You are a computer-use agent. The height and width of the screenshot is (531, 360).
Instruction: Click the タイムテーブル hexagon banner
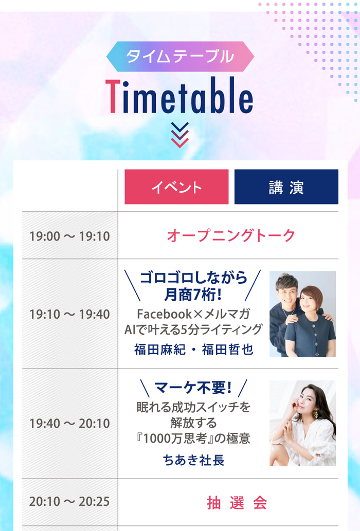180,57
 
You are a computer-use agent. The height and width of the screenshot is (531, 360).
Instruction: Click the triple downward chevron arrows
179,135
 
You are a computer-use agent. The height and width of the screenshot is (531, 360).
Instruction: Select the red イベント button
176,187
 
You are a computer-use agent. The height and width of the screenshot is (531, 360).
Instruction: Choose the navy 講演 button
286,187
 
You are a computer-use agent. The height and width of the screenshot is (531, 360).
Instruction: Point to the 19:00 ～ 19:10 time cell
70,236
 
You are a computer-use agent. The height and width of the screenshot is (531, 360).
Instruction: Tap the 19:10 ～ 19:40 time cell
70,314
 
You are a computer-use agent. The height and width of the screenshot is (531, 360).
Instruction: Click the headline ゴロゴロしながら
193,278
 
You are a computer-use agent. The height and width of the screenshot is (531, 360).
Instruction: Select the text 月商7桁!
193,294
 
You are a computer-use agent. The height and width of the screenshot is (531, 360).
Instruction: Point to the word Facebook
164,314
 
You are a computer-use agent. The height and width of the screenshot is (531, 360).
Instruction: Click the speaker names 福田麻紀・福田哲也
194,350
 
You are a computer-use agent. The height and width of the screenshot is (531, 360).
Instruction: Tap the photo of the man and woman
303,314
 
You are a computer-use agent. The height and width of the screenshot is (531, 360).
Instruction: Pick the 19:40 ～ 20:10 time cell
70,424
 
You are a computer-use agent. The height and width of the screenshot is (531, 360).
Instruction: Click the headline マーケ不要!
193,388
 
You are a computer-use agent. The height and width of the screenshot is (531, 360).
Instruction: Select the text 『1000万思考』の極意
193,438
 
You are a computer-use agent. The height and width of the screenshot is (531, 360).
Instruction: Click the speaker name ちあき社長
194,460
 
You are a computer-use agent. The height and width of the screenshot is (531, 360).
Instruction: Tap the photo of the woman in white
303,424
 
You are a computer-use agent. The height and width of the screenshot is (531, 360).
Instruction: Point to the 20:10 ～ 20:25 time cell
70,502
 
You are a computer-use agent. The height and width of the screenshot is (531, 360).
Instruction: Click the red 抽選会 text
237,503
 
